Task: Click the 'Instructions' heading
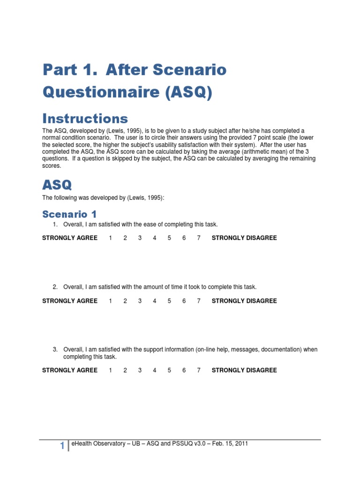click(85, 118)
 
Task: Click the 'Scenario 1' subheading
click(69, 214)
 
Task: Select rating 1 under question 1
click(111, 238)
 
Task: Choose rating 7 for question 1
click(199, 238)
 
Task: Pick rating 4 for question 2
click(155, 301)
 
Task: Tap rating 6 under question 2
click(184, 301)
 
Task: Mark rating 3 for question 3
click(140, 370)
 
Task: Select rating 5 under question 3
click(169, 370)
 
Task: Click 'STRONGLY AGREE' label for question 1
click(70, 238)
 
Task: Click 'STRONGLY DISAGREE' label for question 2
click(244, 301)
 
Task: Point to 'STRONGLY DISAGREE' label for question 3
click(244, 370)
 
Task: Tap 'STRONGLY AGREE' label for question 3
click(70, 370)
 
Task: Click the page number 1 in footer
click(62, 447)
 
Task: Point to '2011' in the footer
click(241, 443)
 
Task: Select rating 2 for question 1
click(125, 238)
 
